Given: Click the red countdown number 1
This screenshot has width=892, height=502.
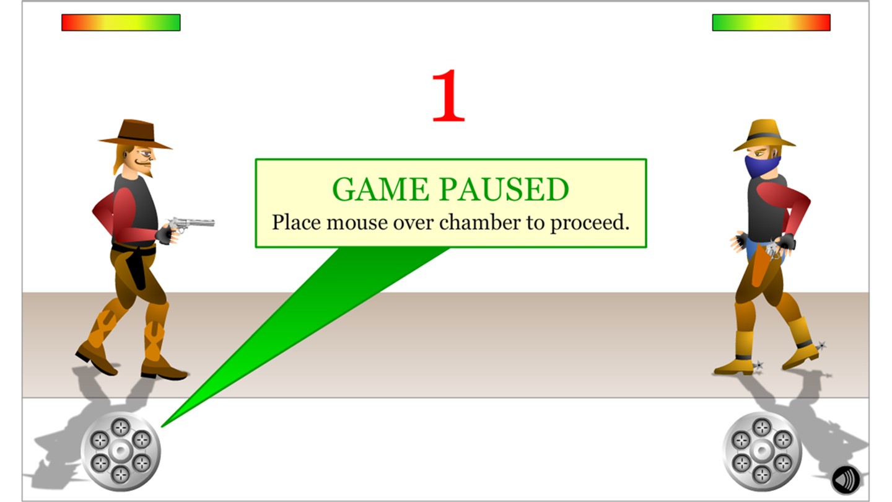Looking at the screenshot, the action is click(x=448, y=95).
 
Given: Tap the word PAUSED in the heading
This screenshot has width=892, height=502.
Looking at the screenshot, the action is click(x=504, y=189).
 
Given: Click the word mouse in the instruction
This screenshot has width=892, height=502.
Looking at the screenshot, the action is click(x=356, y=222).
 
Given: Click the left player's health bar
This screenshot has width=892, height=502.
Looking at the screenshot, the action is click(x=121, y=22).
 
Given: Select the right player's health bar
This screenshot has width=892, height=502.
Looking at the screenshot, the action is click(x=771, y=22).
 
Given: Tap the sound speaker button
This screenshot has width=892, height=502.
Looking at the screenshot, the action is click(x=846, y=480).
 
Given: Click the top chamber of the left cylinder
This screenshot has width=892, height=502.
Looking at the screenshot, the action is click(x=121, y=428).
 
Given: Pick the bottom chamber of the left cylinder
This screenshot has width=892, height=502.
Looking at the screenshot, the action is click(x=121, y=475).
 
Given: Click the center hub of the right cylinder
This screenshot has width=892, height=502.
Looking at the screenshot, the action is click(x=762, y=451).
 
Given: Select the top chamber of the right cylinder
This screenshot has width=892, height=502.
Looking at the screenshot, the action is click(x=762, y=428).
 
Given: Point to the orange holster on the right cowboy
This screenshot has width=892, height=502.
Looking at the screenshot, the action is click(x=760, y=265).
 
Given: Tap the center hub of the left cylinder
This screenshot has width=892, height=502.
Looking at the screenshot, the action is click(x=121, y=451).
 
